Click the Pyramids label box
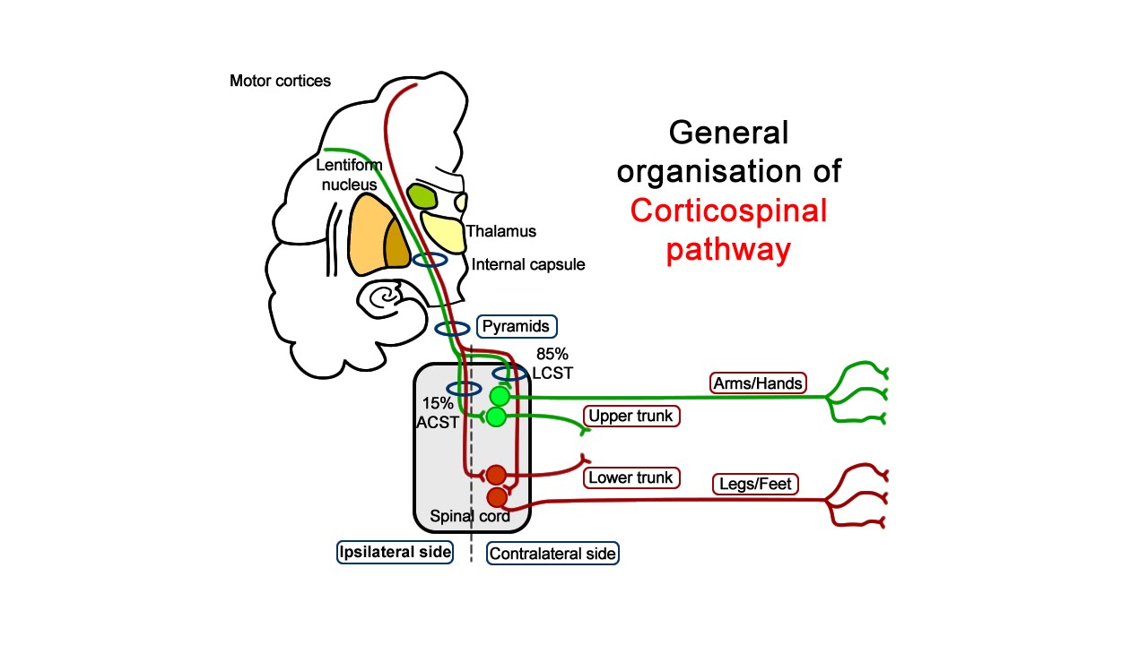(517, 325)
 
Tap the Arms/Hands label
(758, 383)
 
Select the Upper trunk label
(630, 417)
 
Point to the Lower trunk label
(631, 477)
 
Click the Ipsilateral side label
(395, 551)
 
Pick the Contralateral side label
(552, 554)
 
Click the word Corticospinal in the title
(728, 211)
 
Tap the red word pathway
(728, 250)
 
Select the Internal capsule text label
(528, 264)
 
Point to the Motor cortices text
(280, 82)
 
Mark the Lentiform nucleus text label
(349, 175)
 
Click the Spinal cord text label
(470, 516)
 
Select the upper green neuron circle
(500, 396)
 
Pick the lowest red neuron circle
(497, 497)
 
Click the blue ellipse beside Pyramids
(452, 329)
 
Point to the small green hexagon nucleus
(421, 195)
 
